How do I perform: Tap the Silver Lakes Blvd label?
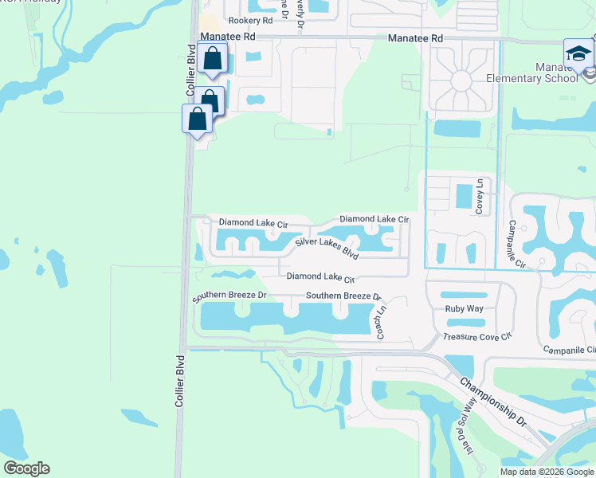(327, 248)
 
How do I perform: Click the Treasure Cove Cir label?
(476, 337)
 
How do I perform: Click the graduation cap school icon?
(578, 54)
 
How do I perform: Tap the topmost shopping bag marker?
(212, 58)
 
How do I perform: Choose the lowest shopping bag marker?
(197, 119)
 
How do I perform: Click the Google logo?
(26, 468)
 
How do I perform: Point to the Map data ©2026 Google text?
(547, 472)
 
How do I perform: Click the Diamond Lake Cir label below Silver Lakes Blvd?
(320, 277)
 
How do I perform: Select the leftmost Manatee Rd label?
(228, 37)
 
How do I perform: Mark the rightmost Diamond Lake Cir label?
(374, 218)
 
